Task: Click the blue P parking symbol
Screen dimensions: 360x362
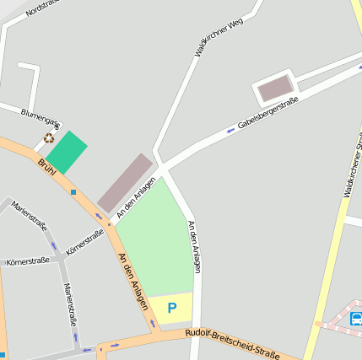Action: click(x=172, y=309)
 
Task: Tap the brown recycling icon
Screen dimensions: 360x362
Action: click(x=49, y=138)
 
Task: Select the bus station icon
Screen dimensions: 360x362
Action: click(x=356, y=319)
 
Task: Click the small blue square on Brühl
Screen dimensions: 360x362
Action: click(x=73, y=192)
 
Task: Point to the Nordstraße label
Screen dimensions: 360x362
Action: click(x=42, y=8)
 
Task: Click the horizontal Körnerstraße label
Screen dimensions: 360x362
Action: click(x=27, y=262)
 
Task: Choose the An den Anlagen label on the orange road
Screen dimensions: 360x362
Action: click(x=133, y=281)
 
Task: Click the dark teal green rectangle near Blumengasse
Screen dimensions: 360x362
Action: click(x=67, y=153)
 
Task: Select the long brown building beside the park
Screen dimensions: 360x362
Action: click(x=124, y=182)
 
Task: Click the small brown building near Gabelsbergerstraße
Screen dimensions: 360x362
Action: click(x=275, y=88)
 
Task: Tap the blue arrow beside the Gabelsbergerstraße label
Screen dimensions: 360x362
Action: click(x=230, y=130)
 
